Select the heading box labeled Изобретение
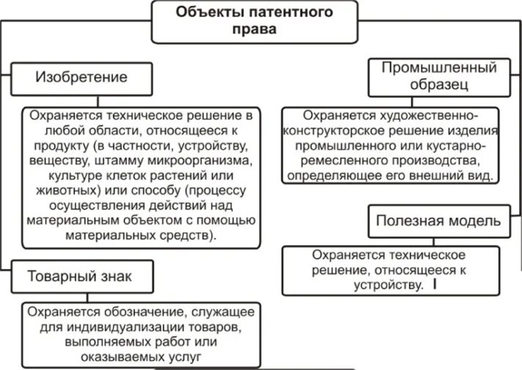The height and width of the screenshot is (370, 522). (x=81, y=77)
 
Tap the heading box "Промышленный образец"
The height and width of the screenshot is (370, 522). (x=439, y=77)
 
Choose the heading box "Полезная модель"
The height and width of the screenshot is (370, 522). (x=439, y=220)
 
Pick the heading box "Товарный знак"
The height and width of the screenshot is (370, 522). (x=81, y=277)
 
